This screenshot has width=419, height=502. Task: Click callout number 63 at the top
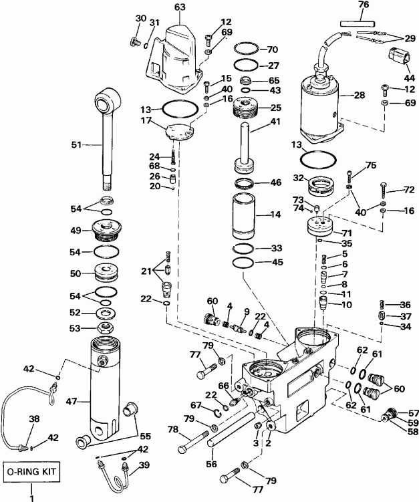click(x=180, y=7)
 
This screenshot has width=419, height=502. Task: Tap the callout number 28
click(x=360, y=96)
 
